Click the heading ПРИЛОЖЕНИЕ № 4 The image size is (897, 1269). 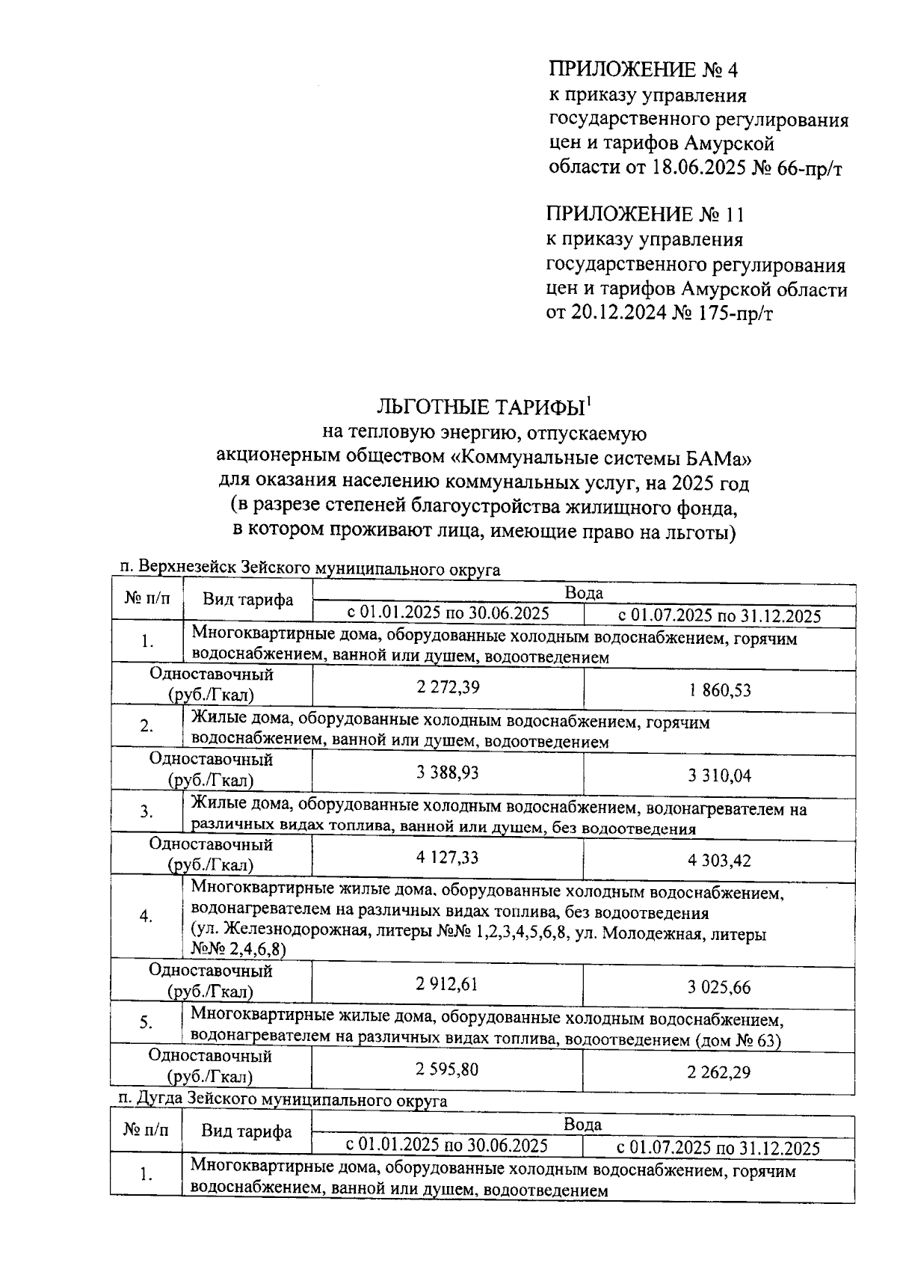(x=643, y=70)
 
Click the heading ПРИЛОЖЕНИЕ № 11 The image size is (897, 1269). (x=645, y=215)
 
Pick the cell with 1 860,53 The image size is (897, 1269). (x=719, y=689)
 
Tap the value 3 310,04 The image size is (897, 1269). (x=719, y=775)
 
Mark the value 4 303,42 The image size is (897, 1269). (x=719, y=860)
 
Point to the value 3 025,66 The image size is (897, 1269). (x=719, y=987)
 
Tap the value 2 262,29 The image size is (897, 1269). (x=719, y=1072)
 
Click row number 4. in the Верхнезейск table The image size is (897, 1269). (x=147, y=917)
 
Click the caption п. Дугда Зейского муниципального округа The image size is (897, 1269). (x=283, y=1101)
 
